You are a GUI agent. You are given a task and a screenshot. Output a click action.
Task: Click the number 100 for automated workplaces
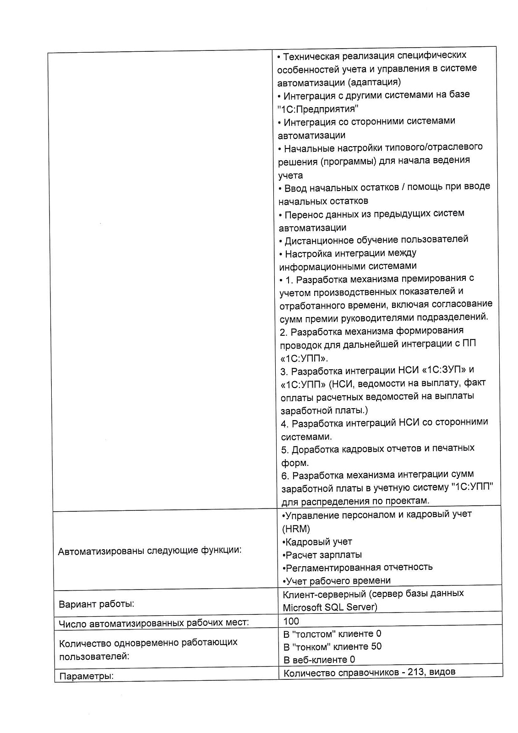(291, 621)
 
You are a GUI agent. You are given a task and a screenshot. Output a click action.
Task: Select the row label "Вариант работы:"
(97, 604)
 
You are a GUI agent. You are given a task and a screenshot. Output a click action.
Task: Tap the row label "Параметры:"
(87, 676)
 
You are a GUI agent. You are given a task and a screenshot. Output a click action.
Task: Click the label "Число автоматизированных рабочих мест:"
(154, 623)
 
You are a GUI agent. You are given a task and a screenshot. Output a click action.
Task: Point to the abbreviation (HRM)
(296, 529)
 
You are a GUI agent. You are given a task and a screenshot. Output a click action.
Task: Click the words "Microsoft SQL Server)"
(330, 607)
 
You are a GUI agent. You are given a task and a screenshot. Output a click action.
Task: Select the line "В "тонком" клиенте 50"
(332, 647)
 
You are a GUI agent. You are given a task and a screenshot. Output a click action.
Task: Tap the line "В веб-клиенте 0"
(319, 660)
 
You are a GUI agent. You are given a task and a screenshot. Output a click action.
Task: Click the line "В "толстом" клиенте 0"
(332, 634)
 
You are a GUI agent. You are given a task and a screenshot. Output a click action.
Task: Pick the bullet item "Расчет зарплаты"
(323, 555)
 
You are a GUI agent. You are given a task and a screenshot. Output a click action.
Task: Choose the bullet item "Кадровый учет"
(318, 542)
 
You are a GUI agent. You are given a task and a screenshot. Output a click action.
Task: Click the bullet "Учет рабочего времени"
(338, 581)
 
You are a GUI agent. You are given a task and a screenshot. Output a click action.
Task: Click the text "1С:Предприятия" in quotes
(318, 109)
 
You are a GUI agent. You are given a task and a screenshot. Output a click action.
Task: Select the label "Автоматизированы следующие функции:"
(150, 550)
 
